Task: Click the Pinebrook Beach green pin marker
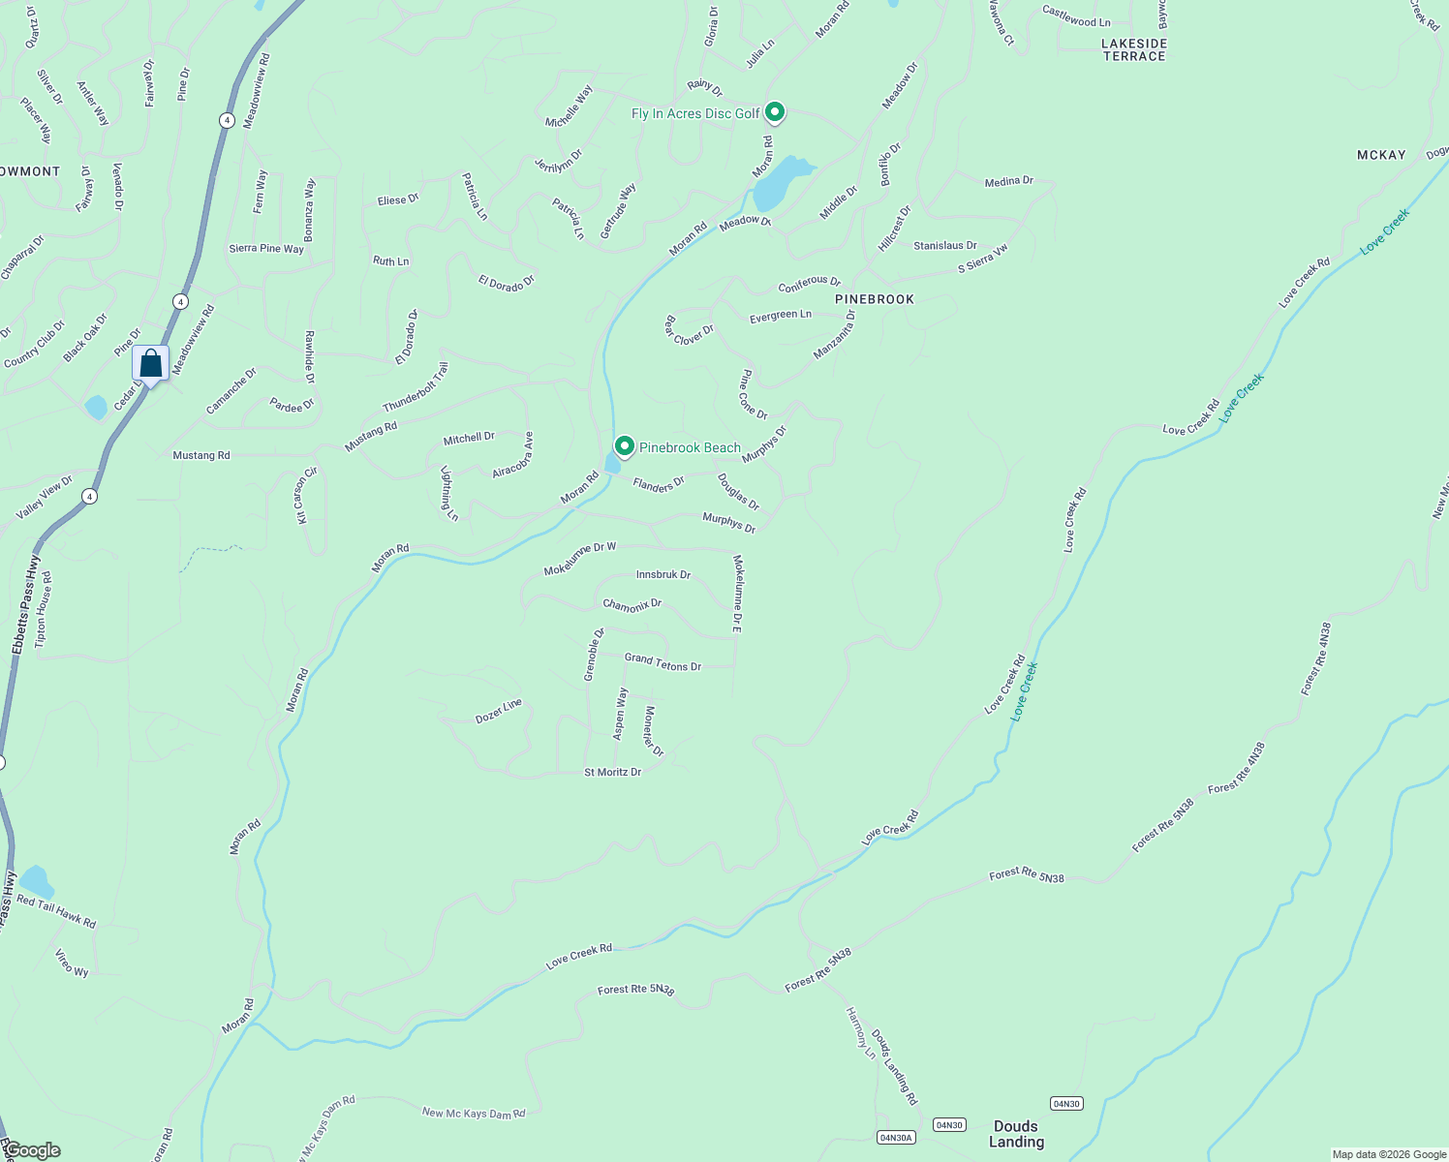(625, 446)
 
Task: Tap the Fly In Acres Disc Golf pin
(775, 113)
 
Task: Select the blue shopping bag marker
(151, 365)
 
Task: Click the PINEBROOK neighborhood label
(875, 299)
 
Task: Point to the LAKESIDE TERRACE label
(1134, 50)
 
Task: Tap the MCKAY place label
(1381, 155)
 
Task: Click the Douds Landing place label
(1016, 1134)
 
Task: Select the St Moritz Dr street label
(612, 773)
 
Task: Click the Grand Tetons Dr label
(663, 662)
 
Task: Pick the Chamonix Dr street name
(632, 605)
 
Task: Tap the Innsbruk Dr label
(663, 575)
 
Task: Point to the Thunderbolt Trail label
(416, 386)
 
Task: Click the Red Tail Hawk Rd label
(56, 912)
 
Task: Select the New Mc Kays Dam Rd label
(474, 1114)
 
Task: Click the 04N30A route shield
(896, 1137)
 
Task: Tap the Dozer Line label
(499, 711)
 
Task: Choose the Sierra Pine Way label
(266, 249)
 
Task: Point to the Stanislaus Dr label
(945, 246)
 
